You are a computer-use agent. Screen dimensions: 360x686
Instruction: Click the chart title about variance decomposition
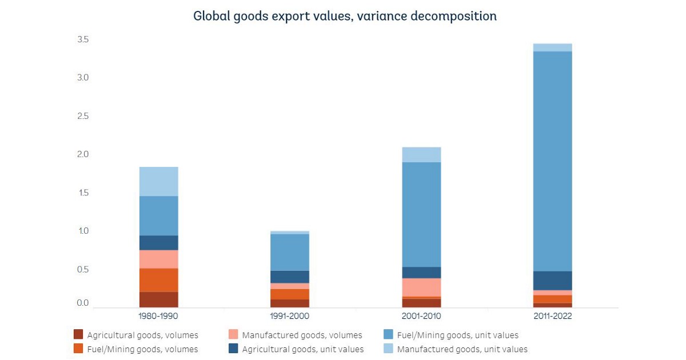(345, 16)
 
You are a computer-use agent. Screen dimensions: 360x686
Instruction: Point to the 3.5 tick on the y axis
(83, 39)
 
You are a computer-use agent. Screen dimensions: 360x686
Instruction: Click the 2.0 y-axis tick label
(83, 154)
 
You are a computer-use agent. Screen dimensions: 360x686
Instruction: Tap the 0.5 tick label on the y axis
(83, 269)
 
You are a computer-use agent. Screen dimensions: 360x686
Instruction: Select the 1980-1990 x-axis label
(158, 315)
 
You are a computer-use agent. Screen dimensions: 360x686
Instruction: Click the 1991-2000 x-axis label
(290, 315)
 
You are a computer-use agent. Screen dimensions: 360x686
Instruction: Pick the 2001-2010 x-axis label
(421, 315)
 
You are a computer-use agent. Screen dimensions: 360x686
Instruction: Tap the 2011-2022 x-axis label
(552, 315)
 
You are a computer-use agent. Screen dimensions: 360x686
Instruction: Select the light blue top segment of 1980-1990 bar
(158, 181)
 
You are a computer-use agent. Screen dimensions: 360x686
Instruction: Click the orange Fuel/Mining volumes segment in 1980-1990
(158, 280)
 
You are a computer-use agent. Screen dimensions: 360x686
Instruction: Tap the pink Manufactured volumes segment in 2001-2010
(421, 287)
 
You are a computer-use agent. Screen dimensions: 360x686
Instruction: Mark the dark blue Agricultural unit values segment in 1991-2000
(290, 277)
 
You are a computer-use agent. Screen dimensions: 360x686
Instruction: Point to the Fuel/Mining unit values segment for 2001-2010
(421, 214)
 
